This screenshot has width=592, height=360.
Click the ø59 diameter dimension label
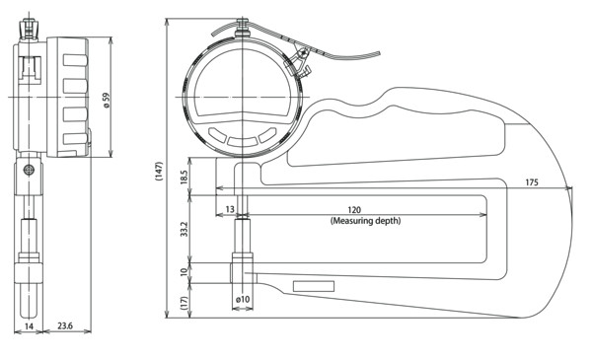point(107,100)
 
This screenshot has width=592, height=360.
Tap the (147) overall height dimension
point(159,171)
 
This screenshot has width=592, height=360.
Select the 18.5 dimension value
point(184,177)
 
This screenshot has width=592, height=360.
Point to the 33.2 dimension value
point(184,229)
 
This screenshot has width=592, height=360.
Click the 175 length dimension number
point(532,182)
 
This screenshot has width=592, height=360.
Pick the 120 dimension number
point(354,209)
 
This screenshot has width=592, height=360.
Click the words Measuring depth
point(365,220)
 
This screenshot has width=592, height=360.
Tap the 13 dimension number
point(230,209)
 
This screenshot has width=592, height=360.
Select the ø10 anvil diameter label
point(243,299)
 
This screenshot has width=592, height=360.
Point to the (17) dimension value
point(184,303)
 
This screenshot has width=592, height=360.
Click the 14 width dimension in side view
point(29,326)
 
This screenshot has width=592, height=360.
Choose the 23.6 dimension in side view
point(65,325)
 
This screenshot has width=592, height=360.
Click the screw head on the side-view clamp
point(29,170)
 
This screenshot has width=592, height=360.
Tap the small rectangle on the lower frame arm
point(314,286)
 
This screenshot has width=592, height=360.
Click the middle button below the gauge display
point(243,141)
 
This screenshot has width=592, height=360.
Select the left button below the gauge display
point(217,135)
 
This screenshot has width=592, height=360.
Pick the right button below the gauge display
point(267,135)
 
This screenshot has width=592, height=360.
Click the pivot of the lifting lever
point(302,53)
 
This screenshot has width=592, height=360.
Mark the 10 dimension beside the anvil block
point(184,271)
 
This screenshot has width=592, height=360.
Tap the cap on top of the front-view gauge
point(243,29)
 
